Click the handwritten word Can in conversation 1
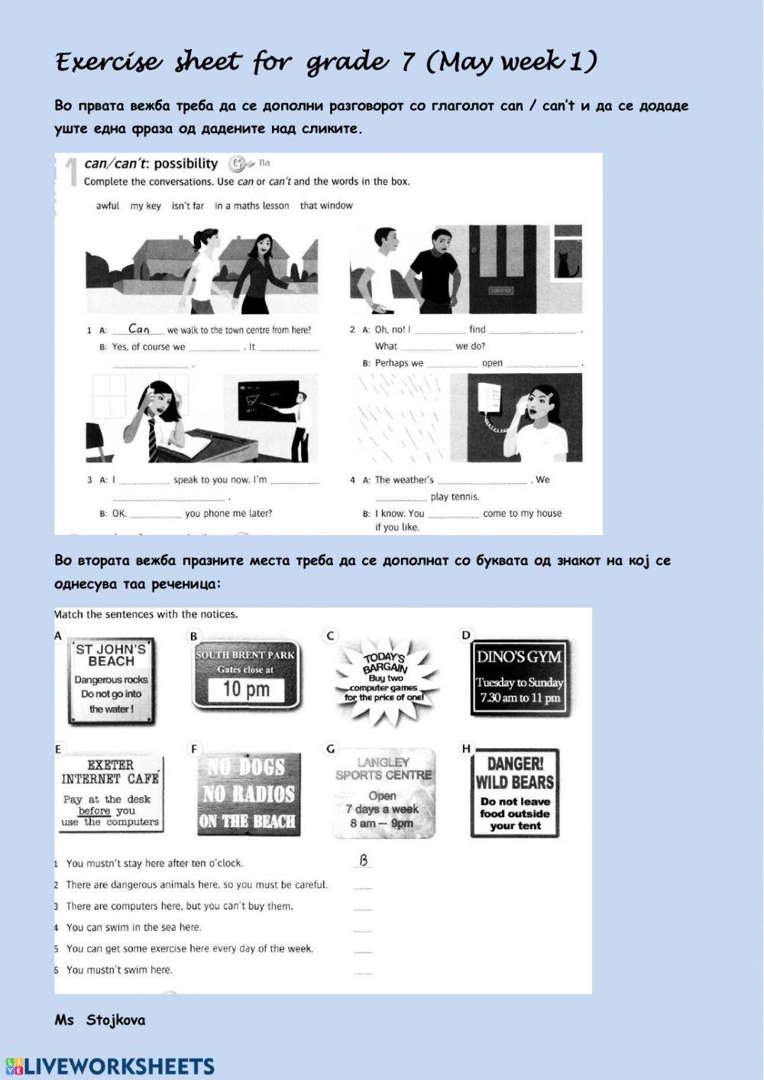[x=139, y=329]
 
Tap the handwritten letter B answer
[x=364, y=861]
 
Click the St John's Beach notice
[x=111, y=680]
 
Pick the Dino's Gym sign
[x=519, y=677]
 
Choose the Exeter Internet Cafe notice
[x=111, y=793]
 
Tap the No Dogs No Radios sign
[x=248, y=794]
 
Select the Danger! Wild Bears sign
[x=515, y=793]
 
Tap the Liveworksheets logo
[x=111, y=1066]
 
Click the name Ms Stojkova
[x=99, y=1020]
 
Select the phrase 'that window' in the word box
[x=326, y=206]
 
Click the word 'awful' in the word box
[x=108, y=206]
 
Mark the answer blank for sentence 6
[x=363, y=971]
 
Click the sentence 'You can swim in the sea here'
[x=134, y=927]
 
